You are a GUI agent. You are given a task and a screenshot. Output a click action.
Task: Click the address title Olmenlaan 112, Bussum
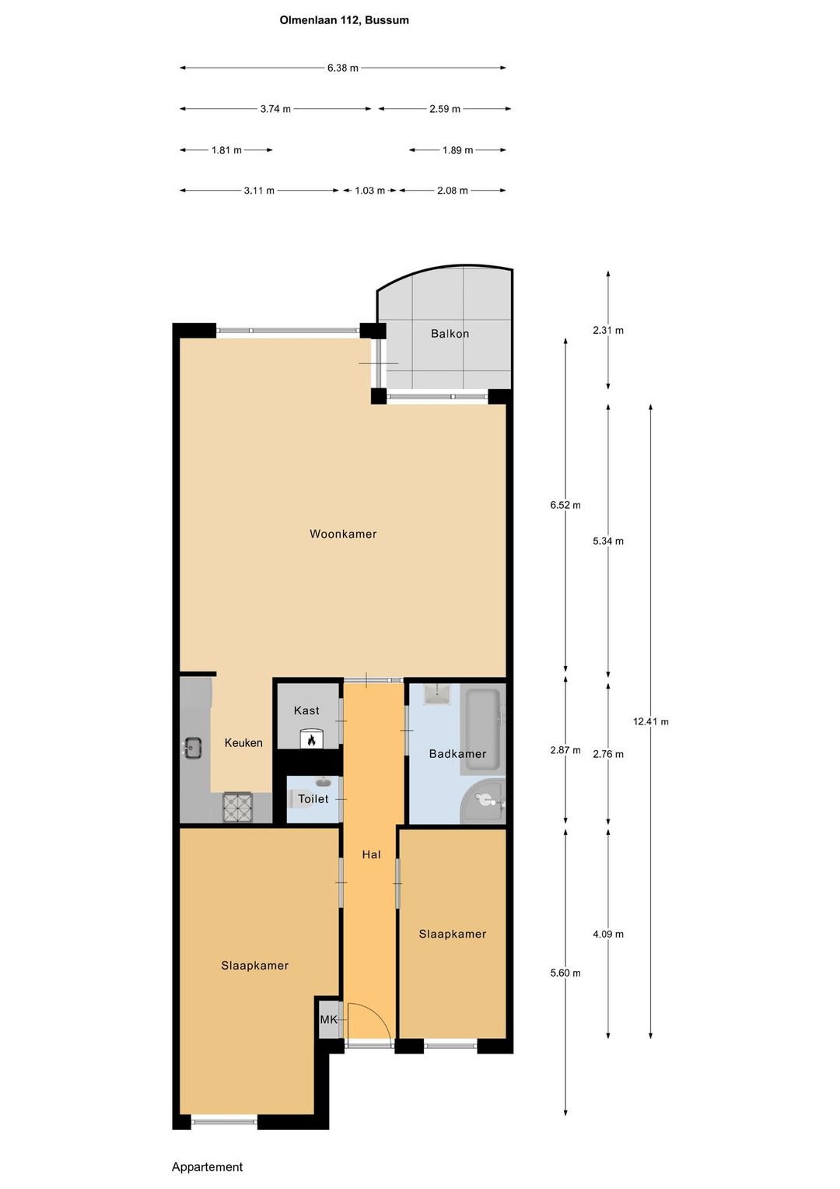[x=344, y=21]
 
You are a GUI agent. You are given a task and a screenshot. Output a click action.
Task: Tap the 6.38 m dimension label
[x=343, y=68]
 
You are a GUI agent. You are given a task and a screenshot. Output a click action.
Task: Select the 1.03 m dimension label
[x=370, y=191]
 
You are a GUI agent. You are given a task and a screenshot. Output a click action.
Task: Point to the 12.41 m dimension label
[x=650, y=721]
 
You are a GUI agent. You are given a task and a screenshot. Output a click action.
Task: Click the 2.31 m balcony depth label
[x=608, y=330]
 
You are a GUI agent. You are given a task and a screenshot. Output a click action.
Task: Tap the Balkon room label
[x=450, y=334]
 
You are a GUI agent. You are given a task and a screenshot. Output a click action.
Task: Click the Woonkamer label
[x=343, y=534]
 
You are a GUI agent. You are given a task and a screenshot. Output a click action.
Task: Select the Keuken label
[x=243, y=743]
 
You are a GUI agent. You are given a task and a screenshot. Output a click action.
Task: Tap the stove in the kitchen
[x=238, y=808]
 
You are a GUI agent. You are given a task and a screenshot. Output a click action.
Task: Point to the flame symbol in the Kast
[x=312, y=739]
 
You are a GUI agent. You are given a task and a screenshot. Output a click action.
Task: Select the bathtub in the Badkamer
[x=480, y=731]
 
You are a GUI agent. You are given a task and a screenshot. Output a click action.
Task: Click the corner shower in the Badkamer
[x=483, y=801]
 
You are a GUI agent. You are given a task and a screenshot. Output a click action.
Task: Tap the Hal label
[x=372, y=854]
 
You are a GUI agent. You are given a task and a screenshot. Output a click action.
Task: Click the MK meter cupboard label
[x=329, y=1019]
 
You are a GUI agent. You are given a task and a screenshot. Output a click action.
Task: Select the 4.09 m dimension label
[x=608, y=935]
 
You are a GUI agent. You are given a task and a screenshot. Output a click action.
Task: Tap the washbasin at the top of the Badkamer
[x=437, y=694]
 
